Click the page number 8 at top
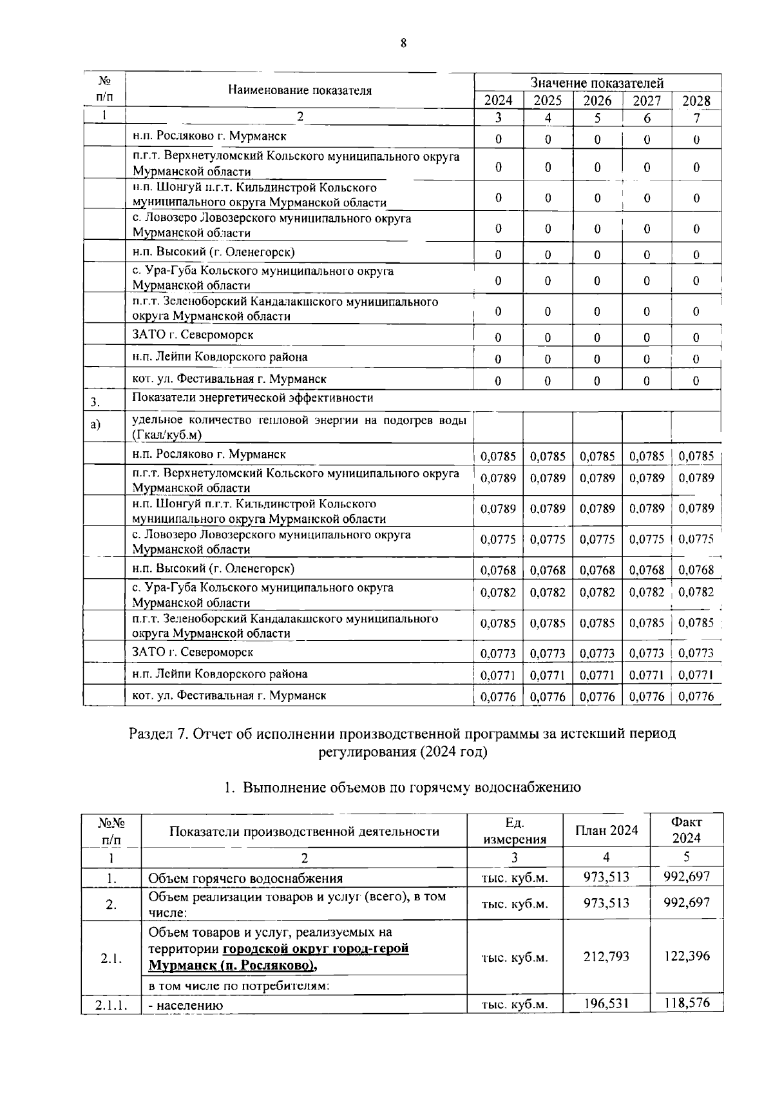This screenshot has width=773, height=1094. point(403,44)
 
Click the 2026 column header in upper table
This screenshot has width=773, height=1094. point(597,101)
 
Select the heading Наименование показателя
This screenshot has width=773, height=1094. point(300,90)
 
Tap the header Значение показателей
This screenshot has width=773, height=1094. point(596,83)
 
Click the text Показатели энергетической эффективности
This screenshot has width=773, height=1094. point(253,398)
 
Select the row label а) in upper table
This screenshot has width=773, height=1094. point(95,425)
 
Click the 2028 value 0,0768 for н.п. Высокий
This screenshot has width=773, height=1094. point(696,570)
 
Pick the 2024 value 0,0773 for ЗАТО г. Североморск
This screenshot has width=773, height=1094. point(498,653)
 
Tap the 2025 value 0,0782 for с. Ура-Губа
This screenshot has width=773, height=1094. point(548,592)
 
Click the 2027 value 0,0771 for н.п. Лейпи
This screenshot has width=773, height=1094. point(647,675)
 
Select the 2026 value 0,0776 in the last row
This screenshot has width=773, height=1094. point(597,696)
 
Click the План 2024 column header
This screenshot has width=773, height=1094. point(606,830)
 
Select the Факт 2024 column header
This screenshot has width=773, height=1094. point(686,830)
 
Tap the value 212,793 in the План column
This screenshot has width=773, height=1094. point(606,957)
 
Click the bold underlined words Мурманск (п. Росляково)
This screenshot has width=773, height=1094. point(233,965)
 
